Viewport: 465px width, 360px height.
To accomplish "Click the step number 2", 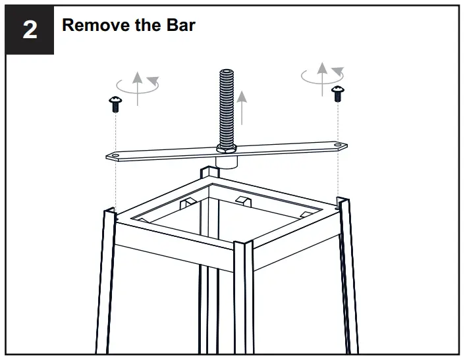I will click(30, 30).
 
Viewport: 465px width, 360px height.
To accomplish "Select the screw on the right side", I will click(338, 93).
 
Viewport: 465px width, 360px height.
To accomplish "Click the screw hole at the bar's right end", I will click(337, 146).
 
